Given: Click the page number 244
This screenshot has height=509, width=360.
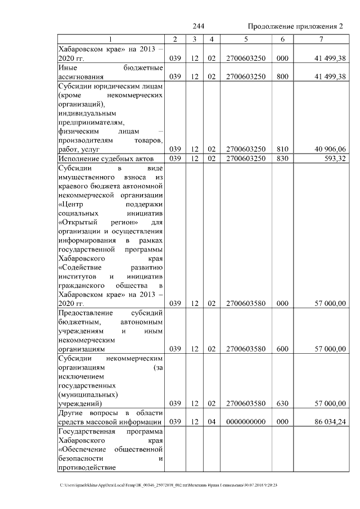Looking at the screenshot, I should (198, 27).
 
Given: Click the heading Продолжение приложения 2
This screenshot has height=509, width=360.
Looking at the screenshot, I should (295, 27).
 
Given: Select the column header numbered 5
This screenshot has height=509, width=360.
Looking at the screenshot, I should (246, 39).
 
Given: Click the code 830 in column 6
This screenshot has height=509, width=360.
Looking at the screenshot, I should (282, 159).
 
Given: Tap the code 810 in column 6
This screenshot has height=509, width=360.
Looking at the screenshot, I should (282, 149).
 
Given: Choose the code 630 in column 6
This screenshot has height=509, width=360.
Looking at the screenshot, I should (282, 403).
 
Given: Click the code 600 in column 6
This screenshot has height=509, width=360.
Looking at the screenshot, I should (282, 349).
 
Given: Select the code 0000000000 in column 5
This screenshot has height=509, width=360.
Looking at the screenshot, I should (246, 421).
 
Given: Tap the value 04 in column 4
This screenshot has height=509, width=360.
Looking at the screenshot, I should (211, 421).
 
